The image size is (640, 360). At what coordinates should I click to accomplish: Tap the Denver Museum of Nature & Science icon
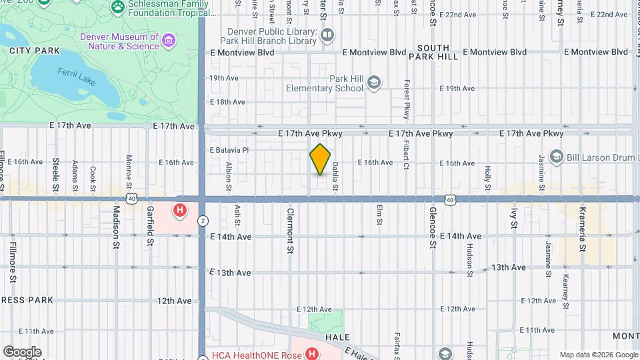click(168, 41)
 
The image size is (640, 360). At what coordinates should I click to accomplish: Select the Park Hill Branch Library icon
click(327, 35)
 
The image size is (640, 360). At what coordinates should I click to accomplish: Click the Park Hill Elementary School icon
click(373, 83)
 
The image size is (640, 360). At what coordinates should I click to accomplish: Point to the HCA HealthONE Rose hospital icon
click(311, 354)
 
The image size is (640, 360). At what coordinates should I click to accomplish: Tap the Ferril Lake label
click(77, 77)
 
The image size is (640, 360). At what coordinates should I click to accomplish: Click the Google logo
click(22, 352)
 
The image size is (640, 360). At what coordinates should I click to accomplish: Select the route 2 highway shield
click(203, 221)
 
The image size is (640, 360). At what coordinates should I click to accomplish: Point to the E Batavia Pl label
click(229, 150)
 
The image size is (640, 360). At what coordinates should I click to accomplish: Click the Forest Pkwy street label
click(406, 99)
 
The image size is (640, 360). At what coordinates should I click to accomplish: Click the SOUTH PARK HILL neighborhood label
click(437, 52)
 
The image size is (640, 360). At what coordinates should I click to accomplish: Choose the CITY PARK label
click(35, 51)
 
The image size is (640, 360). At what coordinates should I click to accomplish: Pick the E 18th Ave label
click(227, 102)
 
